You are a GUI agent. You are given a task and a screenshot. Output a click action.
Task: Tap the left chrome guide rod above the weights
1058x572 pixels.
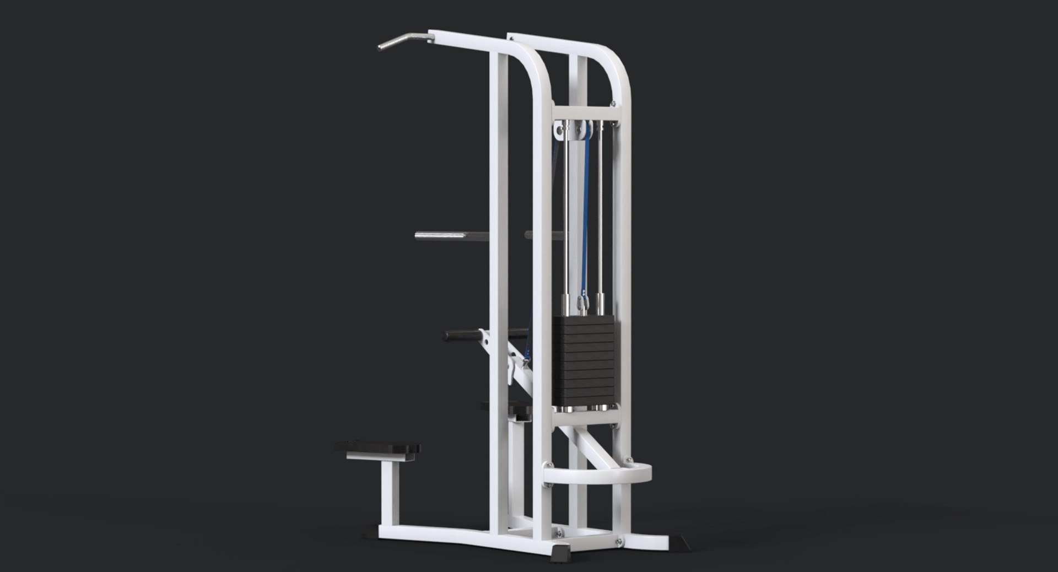pos(566,220)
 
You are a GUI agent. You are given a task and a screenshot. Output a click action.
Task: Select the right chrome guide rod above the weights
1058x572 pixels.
pos(600,220)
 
